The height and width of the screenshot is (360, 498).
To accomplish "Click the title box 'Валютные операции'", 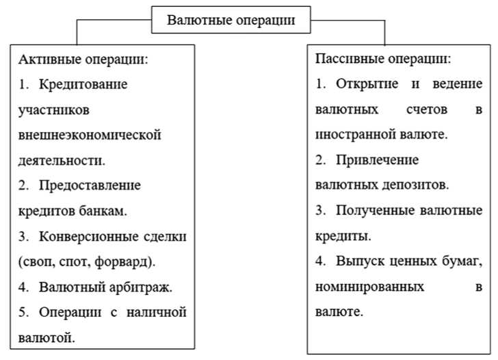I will point(232,20).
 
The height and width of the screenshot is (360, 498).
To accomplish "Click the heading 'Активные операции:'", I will point(83,60).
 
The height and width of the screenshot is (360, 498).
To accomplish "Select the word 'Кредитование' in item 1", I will point(83,85).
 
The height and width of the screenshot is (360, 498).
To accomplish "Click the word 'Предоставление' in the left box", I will point(90,185).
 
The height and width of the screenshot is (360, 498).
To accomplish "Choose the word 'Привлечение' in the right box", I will point(378,160).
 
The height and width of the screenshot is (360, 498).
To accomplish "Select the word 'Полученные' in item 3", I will point(371,211).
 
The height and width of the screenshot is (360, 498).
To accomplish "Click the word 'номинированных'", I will point(369,287).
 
